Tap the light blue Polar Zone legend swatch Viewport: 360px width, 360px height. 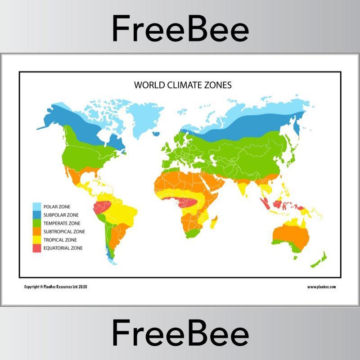click(37, 207)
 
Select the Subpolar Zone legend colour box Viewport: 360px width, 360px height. click(37, 215)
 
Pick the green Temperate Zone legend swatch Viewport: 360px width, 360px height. click(37, 223)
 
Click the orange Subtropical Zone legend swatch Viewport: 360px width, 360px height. click(37, 231)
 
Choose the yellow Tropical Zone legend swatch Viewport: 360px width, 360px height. click(37, 240)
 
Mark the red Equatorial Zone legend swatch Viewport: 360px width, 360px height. click(37, 248)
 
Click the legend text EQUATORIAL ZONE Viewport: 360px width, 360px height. click(63, 248)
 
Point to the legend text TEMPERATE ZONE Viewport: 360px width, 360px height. click(62, 223)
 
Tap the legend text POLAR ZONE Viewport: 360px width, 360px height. click(57, 207)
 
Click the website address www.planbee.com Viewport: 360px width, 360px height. click(321, 287)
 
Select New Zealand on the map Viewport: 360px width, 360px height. click(319, 261)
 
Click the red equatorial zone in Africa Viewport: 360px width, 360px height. click(187, 202)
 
